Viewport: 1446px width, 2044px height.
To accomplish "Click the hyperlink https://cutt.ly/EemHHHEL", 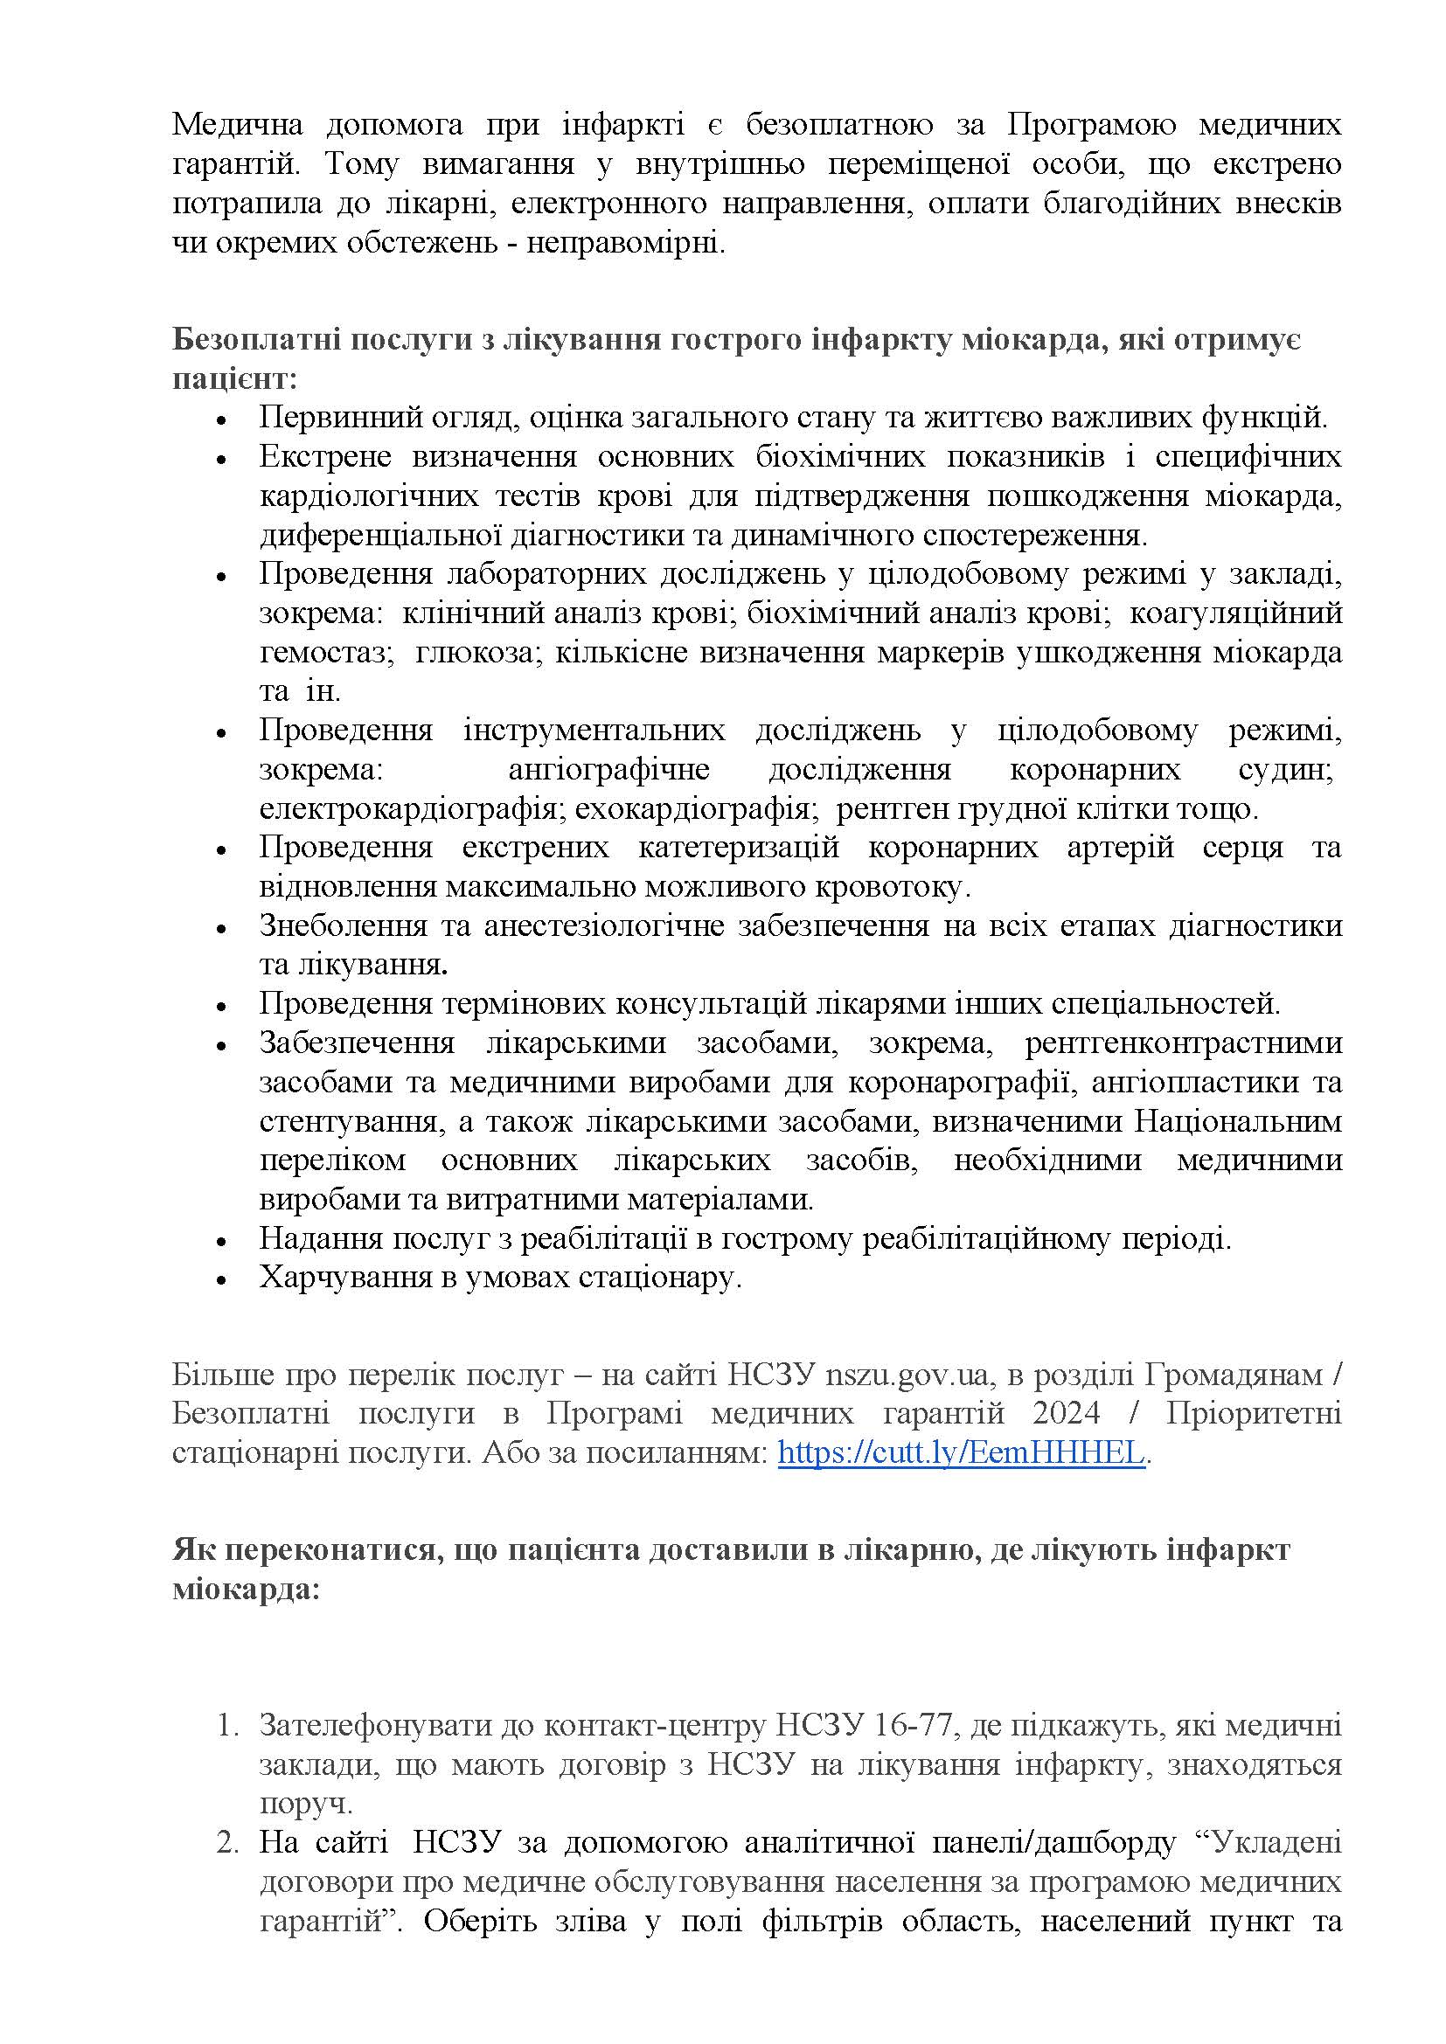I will (961, 1453).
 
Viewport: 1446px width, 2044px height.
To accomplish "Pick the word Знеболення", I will (341, 925).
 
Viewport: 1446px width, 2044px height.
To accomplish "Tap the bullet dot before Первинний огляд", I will (222, 419).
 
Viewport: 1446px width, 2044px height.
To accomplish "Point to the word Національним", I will (1239, 1121).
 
